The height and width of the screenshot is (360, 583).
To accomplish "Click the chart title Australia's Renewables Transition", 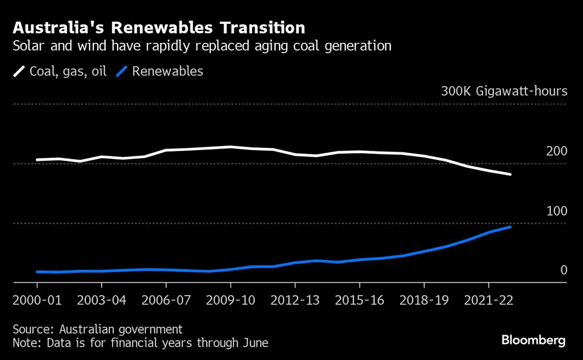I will (x=159, y=28).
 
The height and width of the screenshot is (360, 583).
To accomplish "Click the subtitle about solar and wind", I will (x=202, y=46).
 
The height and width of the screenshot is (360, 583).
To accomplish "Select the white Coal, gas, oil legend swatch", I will (x=19, y=72).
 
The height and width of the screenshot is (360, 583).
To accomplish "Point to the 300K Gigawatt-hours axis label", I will (x=504, y=91).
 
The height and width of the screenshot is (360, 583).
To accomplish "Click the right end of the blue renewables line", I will (x=510, y=227).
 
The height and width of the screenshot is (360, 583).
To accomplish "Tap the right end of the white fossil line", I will (x=510, y=174).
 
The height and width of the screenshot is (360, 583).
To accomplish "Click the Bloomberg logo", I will (x=533, y=340).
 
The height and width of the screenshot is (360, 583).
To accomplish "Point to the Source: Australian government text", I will (x=98, y=329).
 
